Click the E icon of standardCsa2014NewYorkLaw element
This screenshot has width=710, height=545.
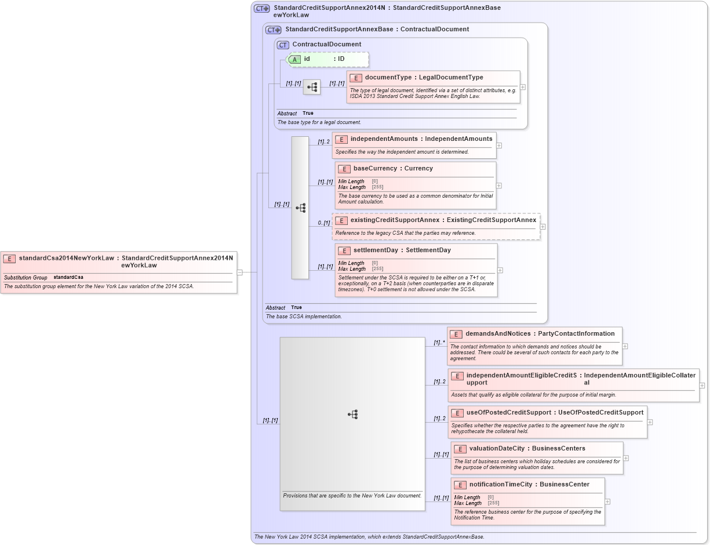[x=10, y=259]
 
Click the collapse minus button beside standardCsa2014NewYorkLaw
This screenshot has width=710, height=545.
[x=239, y=272]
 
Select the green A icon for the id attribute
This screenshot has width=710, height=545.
[x=294, y=59]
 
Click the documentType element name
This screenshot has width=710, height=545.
[x=388, y=77]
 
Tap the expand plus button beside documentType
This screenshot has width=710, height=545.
[x=523, y=87]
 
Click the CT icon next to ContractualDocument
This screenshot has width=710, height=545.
[x=283, y=45]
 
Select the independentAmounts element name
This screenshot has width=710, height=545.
[x=384, y=139]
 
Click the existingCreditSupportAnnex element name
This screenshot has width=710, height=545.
[x=395, y=220]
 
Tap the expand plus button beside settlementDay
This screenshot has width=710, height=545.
[x=500, y=270]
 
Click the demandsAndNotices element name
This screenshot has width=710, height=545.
[x=498, y=333]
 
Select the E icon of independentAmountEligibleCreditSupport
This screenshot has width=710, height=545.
[x=457, y=376]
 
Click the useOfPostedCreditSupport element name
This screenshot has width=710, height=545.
[x=508, y=412]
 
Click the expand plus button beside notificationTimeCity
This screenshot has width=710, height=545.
[x=607, y=502]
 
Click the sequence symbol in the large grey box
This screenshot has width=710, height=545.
[x=352, y=414]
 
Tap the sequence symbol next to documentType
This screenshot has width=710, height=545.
[x=312, y=87]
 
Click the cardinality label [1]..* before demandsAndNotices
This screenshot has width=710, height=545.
[x=439, y=342]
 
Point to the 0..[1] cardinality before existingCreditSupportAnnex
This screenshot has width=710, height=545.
[x=323, y=223]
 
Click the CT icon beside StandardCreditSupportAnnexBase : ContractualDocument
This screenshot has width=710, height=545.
[x=273, y=30]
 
